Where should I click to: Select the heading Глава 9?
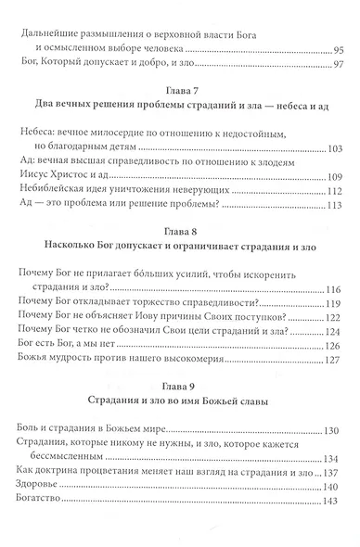(179, 382)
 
